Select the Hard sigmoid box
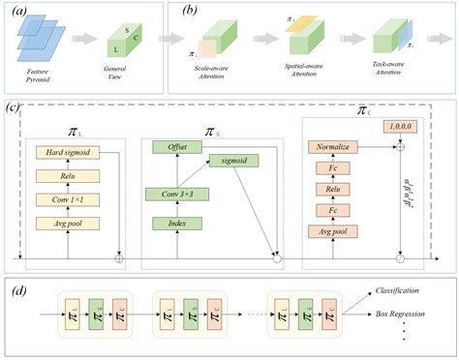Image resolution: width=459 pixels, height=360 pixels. coord(67,153)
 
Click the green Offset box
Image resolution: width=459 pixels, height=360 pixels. coord(177,146)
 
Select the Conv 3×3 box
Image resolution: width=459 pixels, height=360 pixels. coord(177,195)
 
